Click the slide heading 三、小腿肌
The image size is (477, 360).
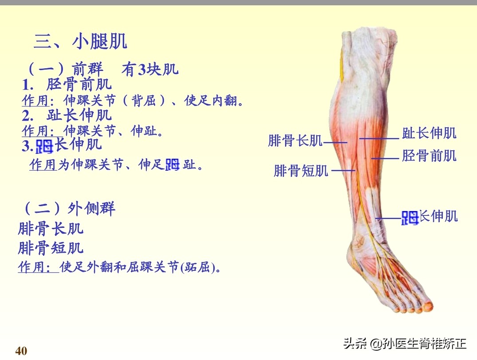(x=80, y=42)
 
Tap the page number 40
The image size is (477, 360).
(x=21, y=351)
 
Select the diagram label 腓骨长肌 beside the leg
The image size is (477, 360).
(x=295, y=141)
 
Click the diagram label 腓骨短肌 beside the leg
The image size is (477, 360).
(x=301, y=171)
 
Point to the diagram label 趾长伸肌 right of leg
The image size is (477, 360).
(x=429, y=133)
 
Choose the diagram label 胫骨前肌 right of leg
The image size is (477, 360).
(x=429, y=156)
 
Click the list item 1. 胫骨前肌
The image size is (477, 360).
(x=66, y=84)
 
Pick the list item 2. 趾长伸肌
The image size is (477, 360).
(x=66, y=115)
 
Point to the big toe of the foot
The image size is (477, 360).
(x=426, y=305)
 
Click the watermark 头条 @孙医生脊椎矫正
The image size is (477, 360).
(x=405, y=344)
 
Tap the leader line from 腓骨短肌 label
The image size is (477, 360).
(x=344, y=171)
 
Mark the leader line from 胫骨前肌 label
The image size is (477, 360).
(x=385, y=158)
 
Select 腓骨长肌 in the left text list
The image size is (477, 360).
(x=51, y=229)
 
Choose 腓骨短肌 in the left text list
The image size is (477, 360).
(x=51, y=248)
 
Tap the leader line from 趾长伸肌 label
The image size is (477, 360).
(x=379, y=138)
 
